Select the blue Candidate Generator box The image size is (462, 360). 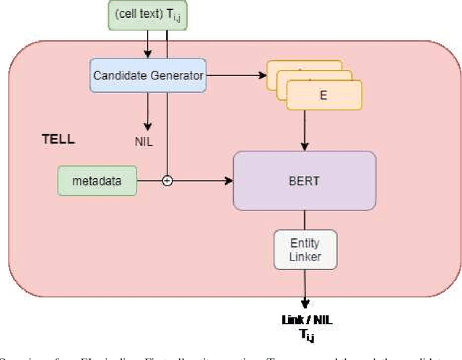148,74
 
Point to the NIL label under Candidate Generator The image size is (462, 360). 144,141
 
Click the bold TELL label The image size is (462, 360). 58,139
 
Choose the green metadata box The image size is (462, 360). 97,180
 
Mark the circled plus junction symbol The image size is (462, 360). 167,181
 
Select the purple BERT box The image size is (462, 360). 304,180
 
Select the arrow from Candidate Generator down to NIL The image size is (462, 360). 147,112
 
